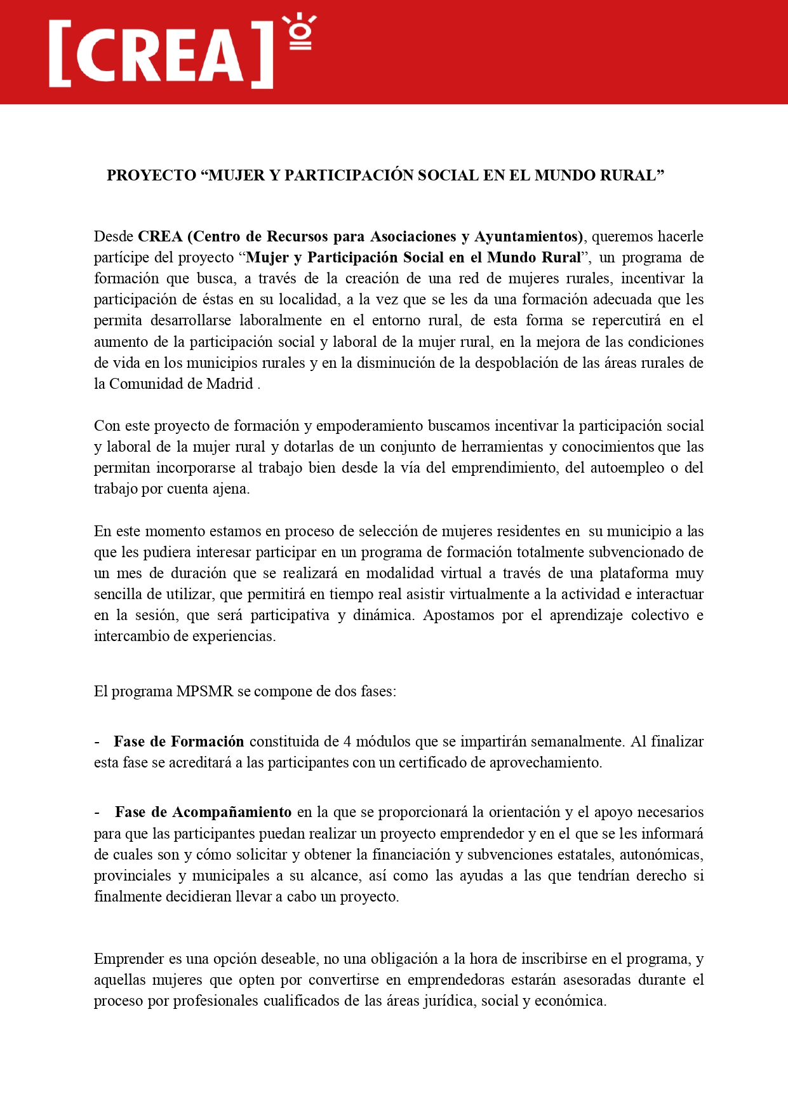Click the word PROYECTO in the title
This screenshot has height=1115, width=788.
coord(151,175)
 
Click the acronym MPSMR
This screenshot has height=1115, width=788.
coord(205,691)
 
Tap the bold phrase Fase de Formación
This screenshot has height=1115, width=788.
coord(178,741)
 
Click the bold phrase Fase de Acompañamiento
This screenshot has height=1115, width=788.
coord(203,812)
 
